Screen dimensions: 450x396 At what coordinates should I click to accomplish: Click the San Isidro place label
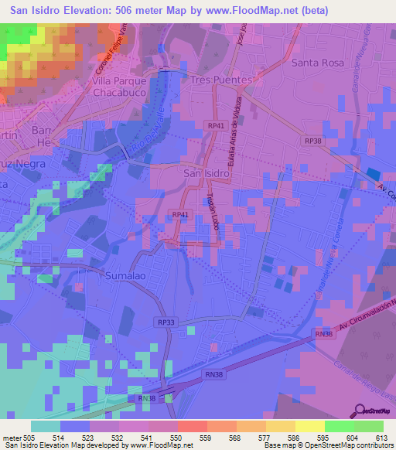click(206, 173)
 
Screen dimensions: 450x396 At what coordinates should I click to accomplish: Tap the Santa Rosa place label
click(316, 63)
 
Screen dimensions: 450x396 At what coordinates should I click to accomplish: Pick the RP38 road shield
click(312, 141)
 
